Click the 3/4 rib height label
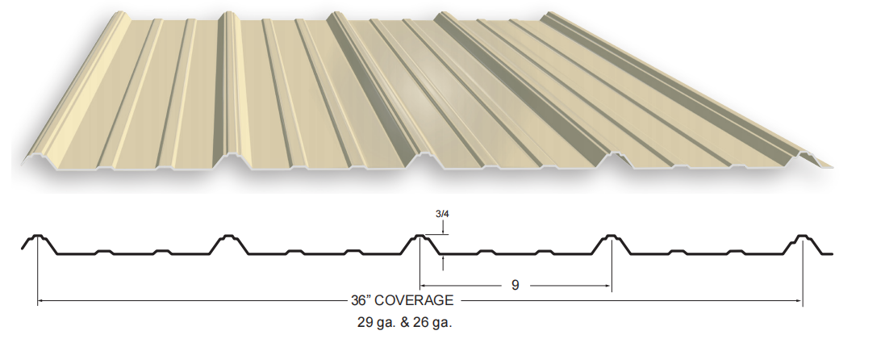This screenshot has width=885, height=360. (442, 214)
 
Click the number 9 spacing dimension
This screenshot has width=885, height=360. (515, 286)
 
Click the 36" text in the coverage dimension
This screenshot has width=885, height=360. (360, 300)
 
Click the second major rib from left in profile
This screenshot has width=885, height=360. (228, 243)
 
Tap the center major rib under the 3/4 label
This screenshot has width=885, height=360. (420, 243)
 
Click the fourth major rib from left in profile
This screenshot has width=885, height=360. (612, 243)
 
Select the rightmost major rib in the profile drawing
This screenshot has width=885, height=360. (802, 243)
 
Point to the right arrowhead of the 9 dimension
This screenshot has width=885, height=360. (607, 286)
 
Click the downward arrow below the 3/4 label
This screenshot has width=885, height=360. (444, 227)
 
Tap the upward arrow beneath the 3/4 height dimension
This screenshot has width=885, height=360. (444, 263)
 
